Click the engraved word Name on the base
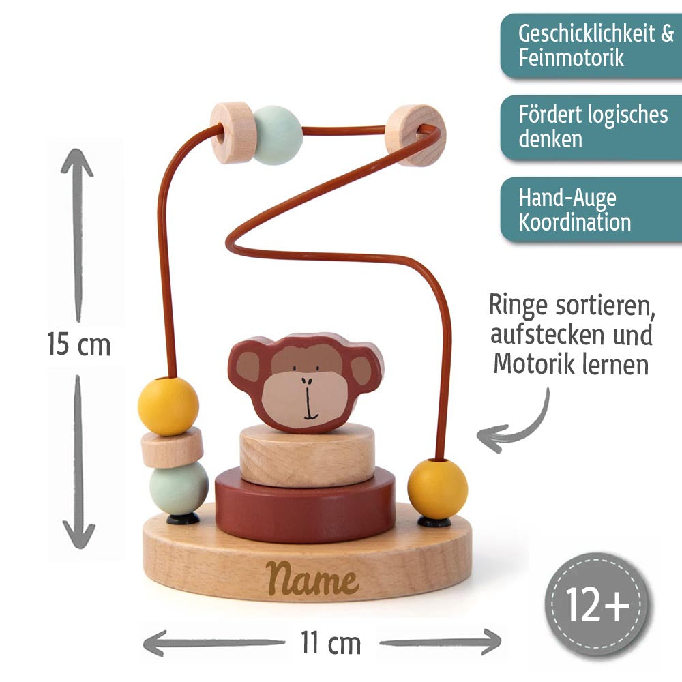[312, 580]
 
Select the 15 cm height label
[78, 344]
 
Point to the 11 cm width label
[330, 642]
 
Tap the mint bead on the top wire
[277, 134]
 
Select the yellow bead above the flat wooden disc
[168, 405]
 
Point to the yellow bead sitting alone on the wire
[438, 488]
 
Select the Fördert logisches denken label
[592, 127]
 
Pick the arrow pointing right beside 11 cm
[440, 642]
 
